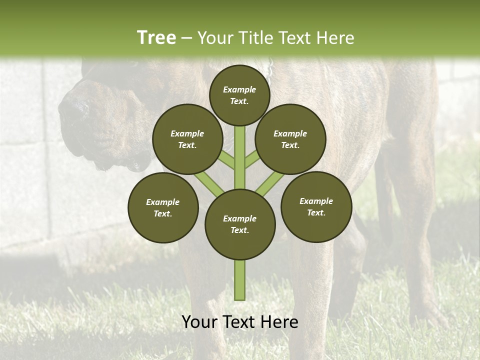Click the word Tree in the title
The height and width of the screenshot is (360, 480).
pos(156,37)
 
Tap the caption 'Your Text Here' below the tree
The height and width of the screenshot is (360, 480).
pos(240,322)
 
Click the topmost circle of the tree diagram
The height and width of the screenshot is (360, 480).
pos(239,95)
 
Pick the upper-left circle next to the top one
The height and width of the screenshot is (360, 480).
pos(187,139)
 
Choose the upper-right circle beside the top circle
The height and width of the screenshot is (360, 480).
pos(290,139)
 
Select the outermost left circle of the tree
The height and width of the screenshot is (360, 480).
pos(163,207)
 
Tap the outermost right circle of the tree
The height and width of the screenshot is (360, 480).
pos(316,206)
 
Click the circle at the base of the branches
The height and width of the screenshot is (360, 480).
pos(240,224)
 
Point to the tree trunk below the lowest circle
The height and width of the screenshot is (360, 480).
pos(240,280)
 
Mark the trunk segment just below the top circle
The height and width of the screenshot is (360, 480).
pos(240,150)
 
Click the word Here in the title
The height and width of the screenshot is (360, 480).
pos(335,37)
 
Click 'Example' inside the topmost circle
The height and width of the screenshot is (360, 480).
pos(239,89)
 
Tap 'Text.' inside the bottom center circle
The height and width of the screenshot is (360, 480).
pos(239,230)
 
